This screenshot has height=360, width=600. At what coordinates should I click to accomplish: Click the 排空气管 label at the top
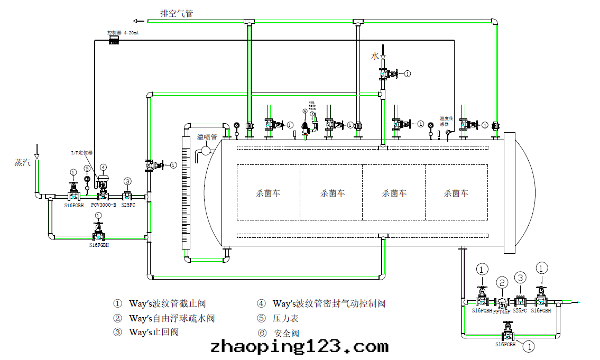pyautogui.click(x=177, y=13)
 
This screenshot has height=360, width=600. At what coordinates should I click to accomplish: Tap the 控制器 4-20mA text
pyautogui.click(x=123, y=32)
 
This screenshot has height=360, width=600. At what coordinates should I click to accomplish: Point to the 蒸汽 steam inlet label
pyautogui.click(x=23, y=163)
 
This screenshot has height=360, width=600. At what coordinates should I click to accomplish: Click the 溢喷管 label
pyautogui.click(x=207, y=137)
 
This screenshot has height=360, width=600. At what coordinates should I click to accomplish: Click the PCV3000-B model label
pyautogui.click(x=104, y=205)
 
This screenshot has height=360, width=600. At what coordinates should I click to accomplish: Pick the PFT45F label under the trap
pyautogui.click(x=502, y=311)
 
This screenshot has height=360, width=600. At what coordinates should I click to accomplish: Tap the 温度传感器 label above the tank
pyautogui.click(x=447, y=122)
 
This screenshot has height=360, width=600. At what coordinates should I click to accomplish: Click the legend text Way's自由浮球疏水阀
pyautogui.click(x=172, y=318)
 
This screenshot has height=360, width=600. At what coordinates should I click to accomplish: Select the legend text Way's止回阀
pyautogui.click(x=153, y=332)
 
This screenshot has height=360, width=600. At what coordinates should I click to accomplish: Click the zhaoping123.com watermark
pyautogui.click(x=299, y=347)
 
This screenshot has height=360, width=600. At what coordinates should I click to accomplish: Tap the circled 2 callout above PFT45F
pyautogui.click(x=502, y=283)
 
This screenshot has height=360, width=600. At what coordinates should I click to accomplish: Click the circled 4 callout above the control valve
pyautogui.click(x=103, y=167)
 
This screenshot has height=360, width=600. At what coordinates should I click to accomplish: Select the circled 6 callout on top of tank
pyautogui.click(x=305, y=111)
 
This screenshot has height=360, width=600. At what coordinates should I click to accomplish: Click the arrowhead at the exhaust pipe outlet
pyautogui.click(x=137, y=21)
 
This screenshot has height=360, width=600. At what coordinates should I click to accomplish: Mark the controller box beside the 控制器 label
pyautogui.click(x=114, y=40)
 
